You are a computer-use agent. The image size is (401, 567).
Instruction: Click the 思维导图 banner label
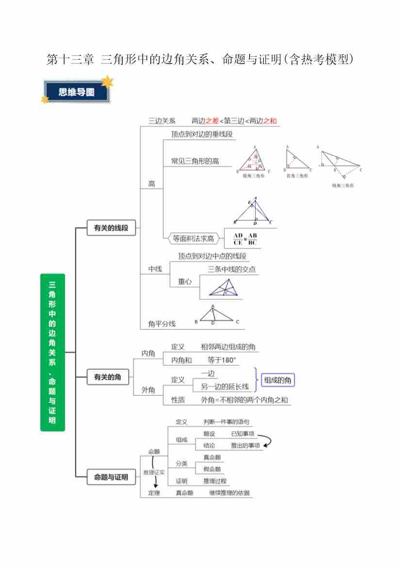pos(77,92)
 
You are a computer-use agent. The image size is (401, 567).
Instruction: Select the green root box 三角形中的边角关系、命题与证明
pos(52,352)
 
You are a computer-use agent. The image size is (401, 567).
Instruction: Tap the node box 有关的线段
pos(111,227)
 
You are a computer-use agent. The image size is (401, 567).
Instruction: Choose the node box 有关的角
pos(108,377)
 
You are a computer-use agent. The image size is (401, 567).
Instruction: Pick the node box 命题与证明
pos(111,477)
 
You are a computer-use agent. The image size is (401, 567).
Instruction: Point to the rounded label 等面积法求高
pos(193,238)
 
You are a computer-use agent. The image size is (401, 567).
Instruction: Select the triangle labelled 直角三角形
pos(296,159)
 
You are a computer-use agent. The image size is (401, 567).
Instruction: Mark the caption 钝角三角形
pos(342,185)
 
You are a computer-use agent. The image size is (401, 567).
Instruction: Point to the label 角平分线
pos(162,324)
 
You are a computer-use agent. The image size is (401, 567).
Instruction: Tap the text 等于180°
pos(221,360)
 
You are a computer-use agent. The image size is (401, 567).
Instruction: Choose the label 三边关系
pos(162,121)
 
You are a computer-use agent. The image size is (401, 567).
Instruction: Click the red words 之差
pos(212,121)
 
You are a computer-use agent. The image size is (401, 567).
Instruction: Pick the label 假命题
pos(212,469)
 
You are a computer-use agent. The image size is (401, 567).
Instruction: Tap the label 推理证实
pos(154,472)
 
